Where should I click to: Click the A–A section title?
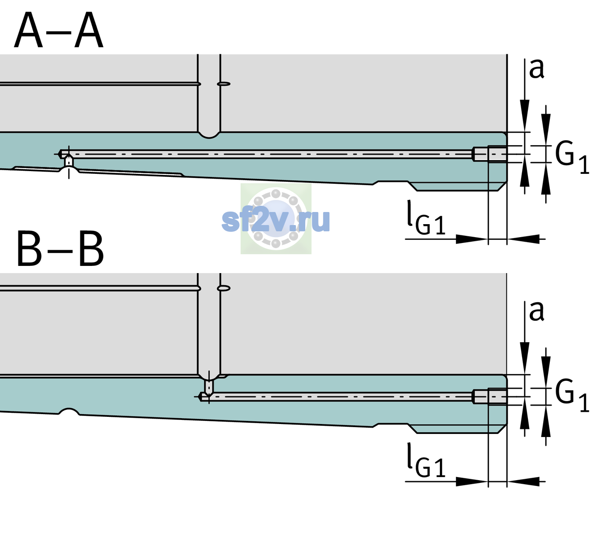59,30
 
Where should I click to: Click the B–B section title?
61,249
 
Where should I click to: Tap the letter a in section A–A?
536,69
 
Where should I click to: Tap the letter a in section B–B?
536,311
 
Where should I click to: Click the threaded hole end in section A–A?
490,154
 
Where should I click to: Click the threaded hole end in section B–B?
490,397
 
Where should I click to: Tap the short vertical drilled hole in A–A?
69,161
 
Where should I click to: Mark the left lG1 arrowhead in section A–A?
472,239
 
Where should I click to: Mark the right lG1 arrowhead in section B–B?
523,482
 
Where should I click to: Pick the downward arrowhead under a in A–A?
525,115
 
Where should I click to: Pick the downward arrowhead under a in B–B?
525,358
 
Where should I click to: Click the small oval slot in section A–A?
224,84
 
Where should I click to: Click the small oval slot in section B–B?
224,288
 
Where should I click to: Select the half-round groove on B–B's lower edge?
69,411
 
